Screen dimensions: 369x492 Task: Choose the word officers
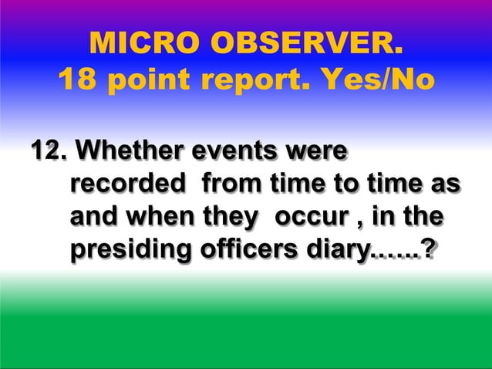tap(249, 251)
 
